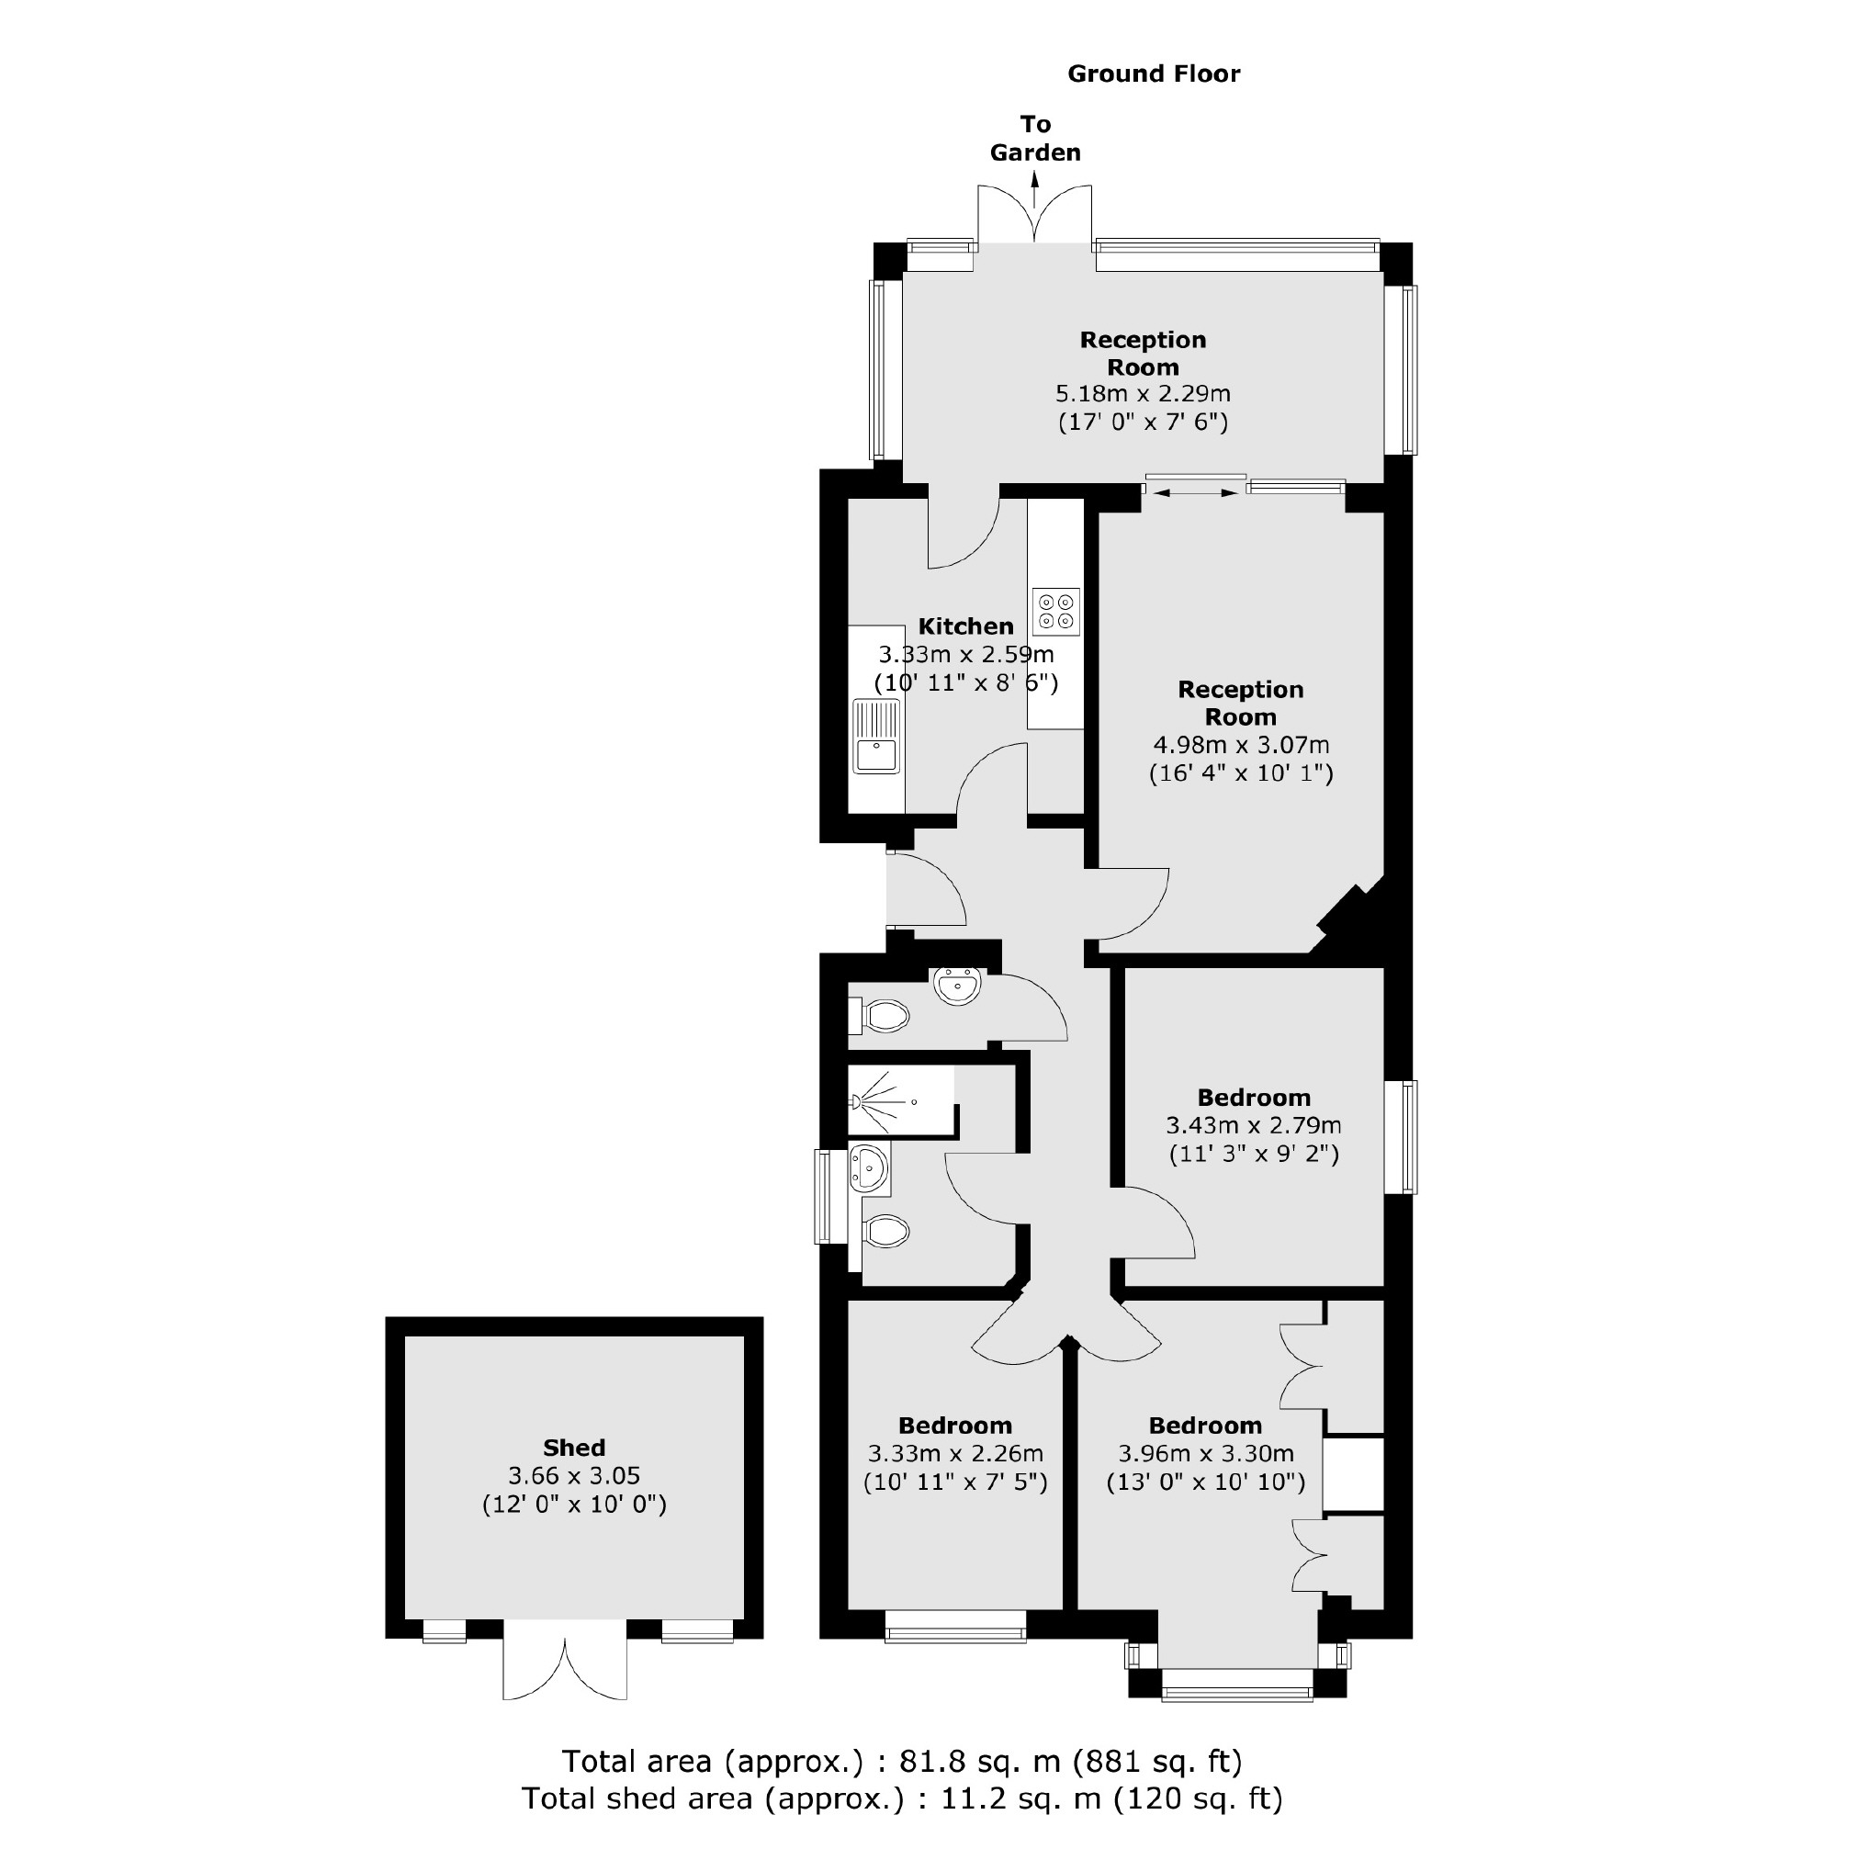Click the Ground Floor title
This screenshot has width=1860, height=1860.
[x=1154, y=74]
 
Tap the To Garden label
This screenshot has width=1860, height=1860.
[x=1035, y=138]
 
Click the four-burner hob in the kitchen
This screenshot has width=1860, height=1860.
[x=1056, y=612]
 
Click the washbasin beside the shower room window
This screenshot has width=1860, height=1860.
[x=867, y=1167]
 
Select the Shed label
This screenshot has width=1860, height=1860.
[x=574, y=1448]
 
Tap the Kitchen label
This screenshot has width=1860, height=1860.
[x=965, y=626]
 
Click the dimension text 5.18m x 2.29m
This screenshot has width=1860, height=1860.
[x=1143, y=394]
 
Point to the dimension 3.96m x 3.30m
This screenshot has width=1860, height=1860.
[x=1205, y=1454]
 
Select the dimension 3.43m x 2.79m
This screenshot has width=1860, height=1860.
[x=1254, y=1124]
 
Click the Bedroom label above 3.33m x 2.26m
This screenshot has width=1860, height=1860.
[x=955, y=1426]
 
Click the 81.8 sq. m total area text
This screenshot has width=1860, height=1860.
[x=902, y=1761]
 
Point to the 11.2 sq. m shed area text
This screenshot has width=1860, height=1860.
[x=902, y=1798]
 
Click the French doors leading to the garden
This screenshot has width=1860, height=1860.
[x=1035, y=217]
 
